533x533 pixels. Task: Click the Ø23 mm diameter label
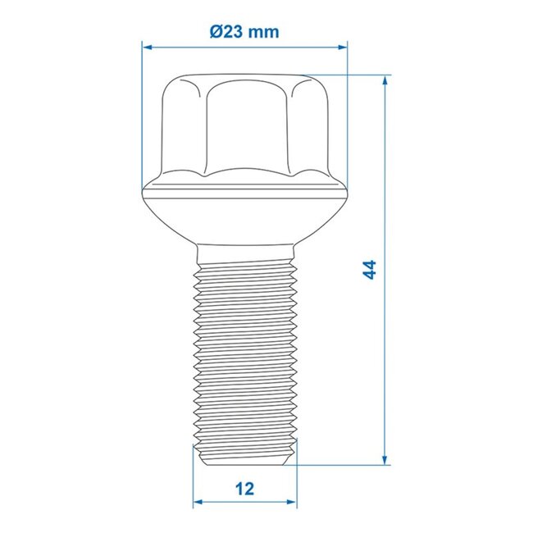tap(244, 32)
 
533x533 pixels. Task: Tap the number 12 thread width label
tap(244, 489)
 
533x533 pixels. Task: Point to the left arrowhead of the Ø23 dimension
tap(147, 47)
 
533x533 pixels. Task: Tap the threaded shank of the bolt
tap(244, 353)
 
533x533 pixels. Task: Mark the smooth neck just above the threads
tap(244, 250)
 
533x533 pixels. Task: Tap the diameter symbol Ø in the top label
tap(216, 32)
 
